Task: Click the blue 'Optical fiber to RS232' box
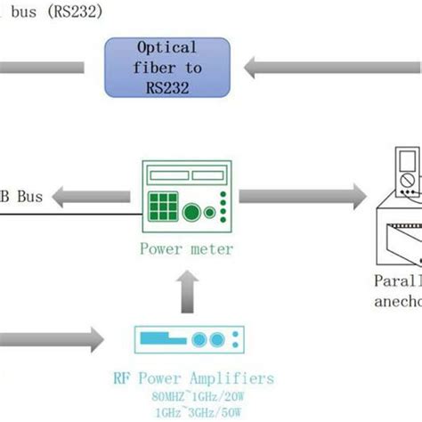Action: (168, 67)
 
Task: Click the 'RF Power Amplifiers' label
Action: (193, 378)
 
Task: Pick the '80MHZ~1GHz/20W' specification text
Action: (193, 396)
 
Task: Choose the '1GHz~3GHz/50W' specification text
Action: (193, 413)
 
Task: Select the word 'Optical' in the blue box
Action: (168, 47)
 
